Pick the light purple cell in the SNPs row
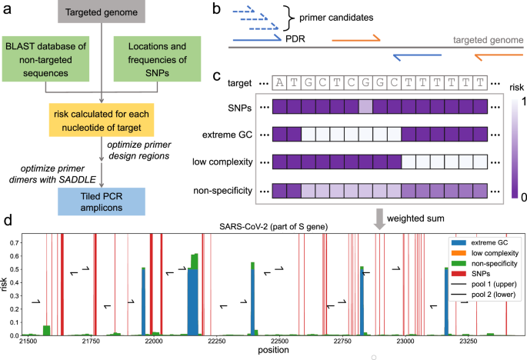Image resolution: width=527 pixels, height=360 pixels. (x=366, y=107)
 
